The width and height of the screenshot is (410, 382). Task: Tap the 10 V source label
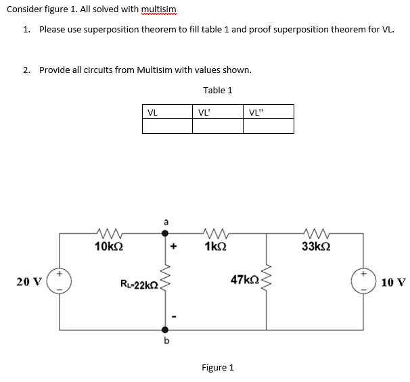pyautogui.click(x=393, y=281)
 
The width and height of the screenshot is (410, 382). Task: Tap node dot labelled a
pyautogui.click(x=164, y=233)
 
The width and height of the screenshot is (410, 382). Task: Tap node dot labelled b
pyautogui.click(x=164, y=330)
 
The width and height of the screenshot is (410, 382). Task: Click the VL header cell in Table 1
pyautogui.click(x=167, y=112)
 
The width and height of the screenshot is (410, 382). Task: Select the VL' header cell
pyautogui.click(x=217, y=112)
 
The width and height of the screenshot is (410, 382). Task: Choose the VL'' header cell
pyautogui.click(x=269, y=112)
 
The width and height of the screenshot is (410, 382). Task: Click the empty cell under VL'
pyautogui.click(x=217, y=126)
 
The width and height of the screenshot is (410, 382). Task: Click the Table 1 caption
pyautogui.click(x=217, y=90)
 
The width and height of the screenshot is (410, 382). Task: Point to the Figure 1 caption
pyautogui.click(x=217, y=367)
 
